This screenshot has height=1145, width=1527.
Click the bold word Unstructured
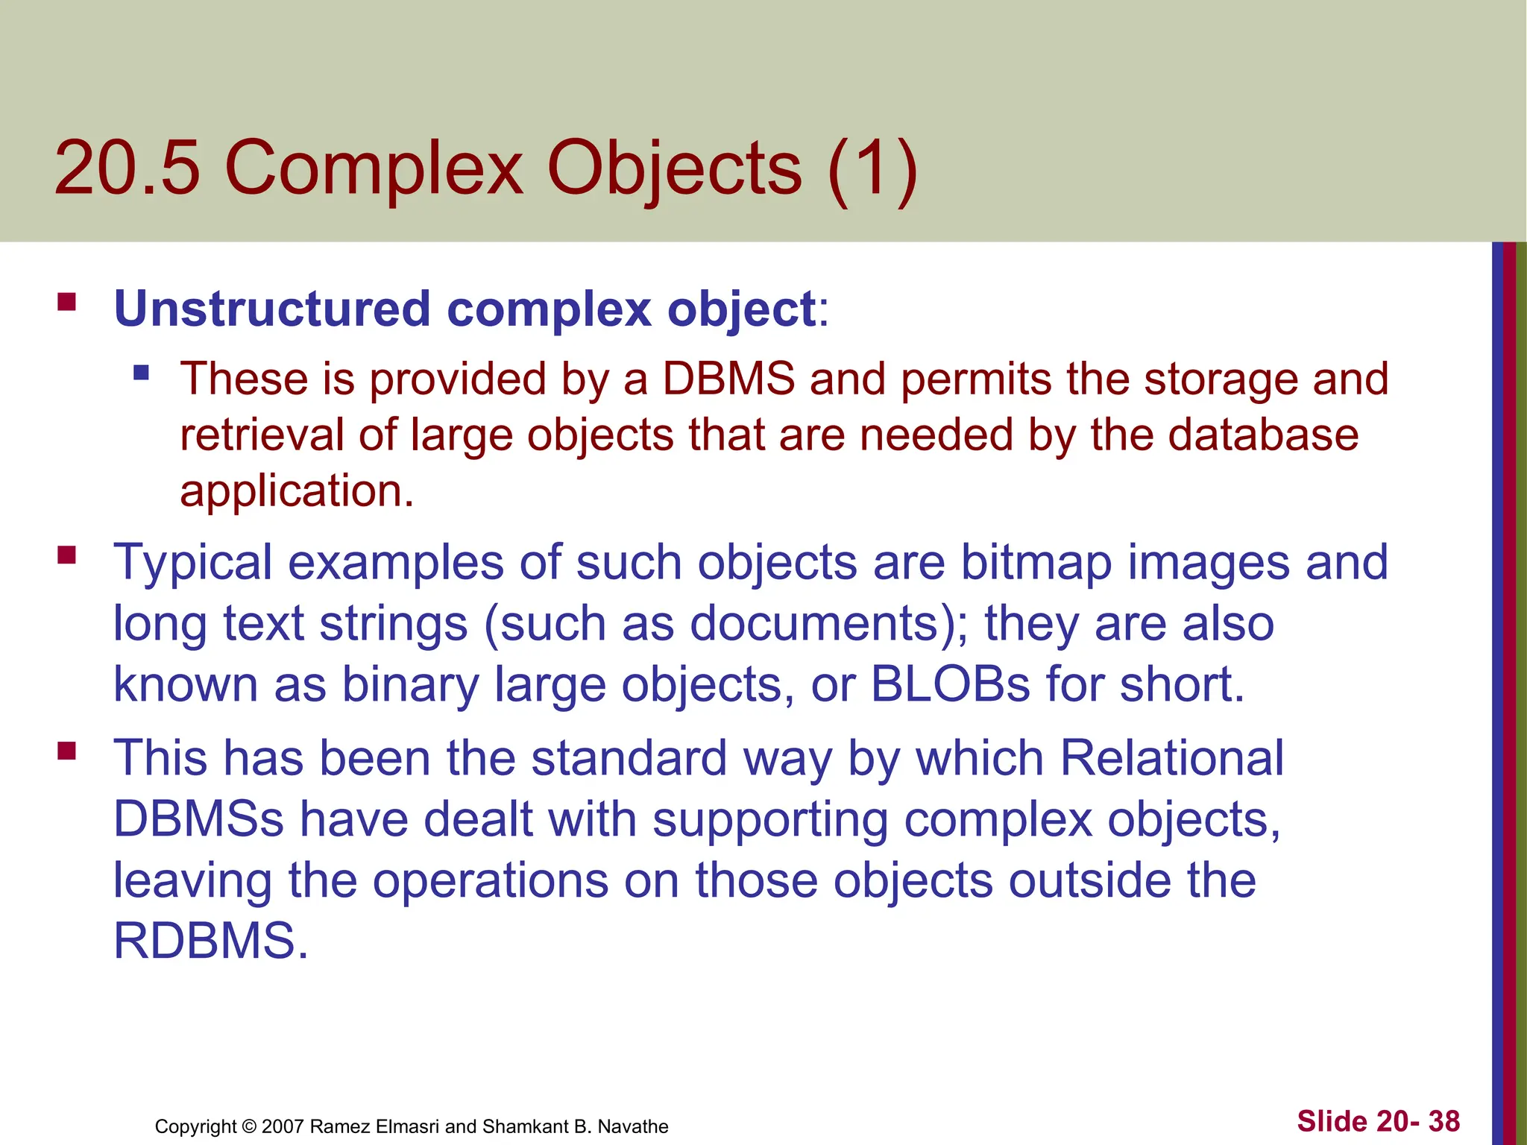coord(272,309)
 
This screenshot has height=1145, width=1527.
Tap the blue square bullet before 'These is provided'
coord(141,371)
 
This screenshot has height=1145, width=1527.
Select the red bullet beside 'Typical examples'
coord(67,555)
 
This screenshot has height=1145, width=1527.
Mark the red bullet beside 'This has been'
coord(67,750)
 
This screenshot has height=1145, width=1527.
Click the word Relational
coord(1171,758)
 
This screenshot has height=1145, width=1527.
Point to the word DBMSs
coord(198,819)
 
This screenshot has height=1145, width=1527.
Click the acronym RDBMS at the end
coord(210,941)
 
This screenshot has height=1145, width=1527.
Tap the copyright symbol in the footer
coord(249,1126)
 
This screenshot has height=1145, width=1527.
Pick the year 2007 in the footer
coord(283,1126)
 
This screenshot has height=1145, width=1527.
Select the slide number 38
coord(1443,1121)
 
